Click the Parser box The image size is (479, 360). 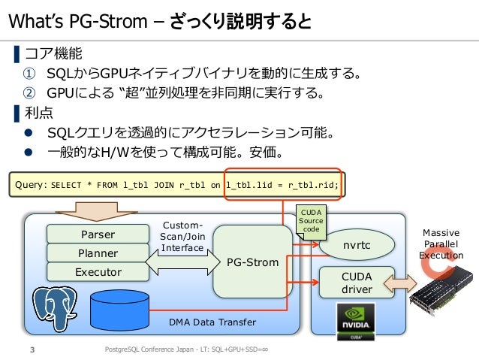point(98,234)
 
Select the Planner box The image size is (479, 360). point(98,253)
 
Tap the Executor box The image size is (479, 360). point(98,272)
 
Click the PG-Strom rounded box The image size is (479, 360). point(252,262)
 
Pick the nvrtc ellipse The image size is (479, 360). point(357,245)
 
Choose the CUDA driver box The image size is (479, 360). point(357,283)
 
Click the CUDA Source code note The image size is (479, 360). point(311,222)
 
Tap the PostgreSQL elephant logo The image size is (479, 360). point(55,308)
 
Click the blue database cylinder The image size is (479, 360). point(119,310)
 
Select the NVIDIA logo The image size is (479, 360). point(356,322)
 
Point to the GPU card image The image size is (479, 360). point(441,291)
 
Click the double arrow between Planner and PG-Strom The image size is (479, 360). point(182,262)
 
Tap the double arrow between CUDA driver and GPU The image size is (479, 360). point(400,283)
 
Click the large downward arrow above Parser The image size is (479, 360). point(97,211)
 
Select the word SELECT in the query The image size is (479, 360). point(66,185)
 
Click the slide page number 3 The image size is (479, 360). point(32,349)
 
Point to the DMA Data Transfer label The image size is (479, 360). point(212,322)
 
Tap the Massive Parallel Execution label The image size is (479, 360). point(441,244)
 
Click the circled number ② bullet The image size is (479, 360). point(29,92)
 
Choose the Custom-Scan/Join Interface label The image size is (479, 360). point(182,237)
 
